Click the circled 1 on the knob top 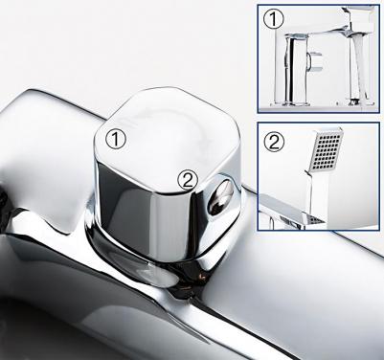[x=116, y=140]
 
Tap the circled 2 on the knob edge [x=189, y=180]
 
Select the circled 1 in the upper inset [x=273, y=19]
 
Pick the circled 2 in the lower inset [x=274, y=142]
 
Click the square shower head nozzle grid [x=326, y=148]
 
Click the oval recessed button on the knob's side [x=220, y=197]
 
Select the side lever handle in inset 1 [x=315, y=61]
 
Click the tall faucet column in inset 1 [x=295, y=69]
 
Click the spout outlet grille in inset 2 [x=315, y=219]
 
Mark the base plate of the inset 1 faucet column [x=290, y=104]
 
